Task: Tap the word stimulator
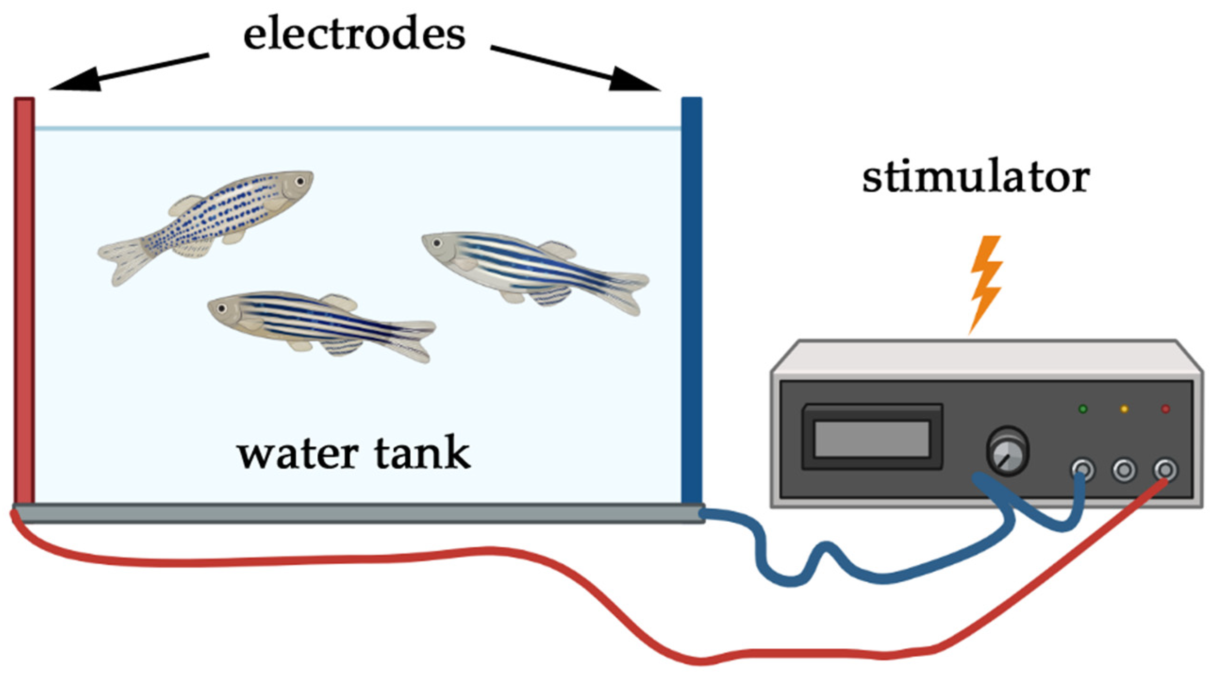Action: (975, 178)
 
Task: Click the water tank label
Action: (354, 453)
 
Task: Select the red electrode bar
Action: (24, 302)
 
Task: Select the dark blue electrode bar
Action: (692, 302)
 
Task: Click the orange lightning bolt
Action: (985, 283)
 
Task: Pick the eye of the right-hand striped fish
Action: (437, 243)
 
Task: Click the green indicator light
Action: (1083, 409)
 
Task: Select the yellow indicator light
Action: (1124, 409)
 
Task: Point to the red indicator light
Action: (1165, 409)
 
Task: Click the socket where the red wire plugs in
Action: (1165, 470)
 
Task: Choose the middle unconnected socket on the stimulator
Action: (1124, 470)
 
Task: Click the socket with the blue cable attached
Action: (1082, 470)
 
